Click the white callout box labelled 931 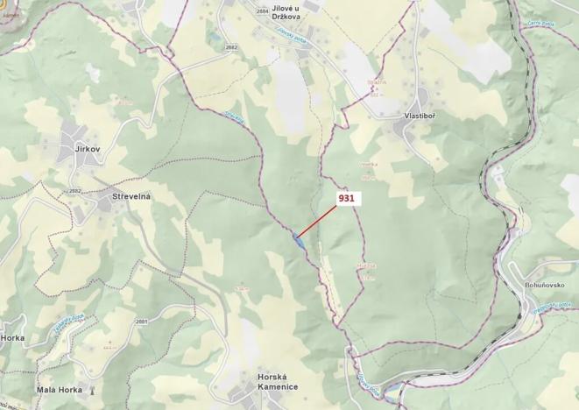[346, 199]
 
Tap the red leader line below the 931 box [317, 223]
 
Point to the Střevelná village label [131, 196]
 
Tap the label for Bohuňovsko [551, 286]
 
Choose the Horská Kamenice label [278, 381]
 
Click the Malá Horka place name [60, 389]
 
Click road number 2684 [238, 11]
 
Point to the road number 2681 [142, 322]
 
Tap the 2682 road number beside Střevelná [74, 189]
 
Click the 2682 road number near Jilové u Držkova [231, 46]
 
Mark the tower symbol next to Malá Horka [90, 389]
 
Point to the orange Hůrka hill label [365, 265]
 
